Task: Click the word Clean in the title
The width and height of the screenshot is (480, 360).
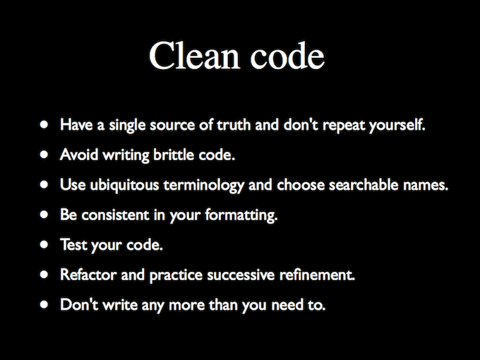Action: [x=194, y=56]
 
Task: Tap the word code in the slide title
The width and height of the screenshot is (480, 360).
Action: [x=287, y=56]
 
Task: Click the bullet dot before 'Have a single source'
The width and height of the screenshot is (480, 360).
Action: [x=44, y=124]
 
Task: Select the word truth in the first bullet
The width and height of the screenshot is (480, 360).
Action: [x=234, y=125]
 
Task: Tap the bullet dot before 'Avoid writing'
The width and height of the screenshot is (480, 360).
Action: [x=44, y=155]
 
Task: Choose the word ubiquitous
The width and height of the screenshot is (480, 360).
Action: [x=125, y=185]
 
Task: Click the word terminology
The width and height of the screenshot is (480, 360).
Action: [x=203, y=185]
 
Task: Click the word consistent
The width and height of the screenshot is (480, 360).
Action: [x=115, y=215]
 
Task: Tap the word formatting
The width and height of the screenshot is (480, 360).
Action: [x=241, y=215]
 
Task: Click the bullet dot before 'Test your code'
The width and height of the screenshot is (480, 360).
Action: [x=44, y=244]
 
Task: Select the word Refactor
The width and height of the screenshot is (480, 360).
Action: [x=88, y=275]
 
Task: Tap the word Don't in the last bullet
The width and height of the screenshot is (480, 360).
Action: [x=79, y=304]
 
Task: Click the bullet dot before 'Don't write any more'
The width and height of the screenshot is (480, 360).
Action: [x=44, y=304]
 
